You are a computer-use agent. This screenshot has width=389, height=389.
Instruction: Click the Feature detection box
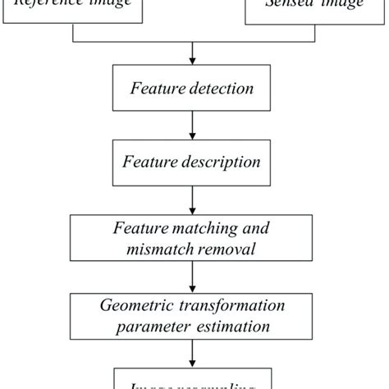click(x=194, y=87)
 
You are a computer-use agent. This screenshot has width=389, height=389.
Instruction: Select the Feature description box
click(x=194, y=162)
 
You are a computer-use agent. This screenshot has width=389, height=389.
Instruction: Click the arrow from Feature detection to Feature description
click(x=194, y=124)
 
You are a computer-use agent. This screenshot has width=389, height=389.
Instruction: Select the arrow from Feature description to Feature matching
click(x=194, y=199)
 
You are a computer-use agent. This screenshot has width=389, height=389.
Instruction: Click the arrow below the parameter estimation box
click(x=194, y=353)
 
